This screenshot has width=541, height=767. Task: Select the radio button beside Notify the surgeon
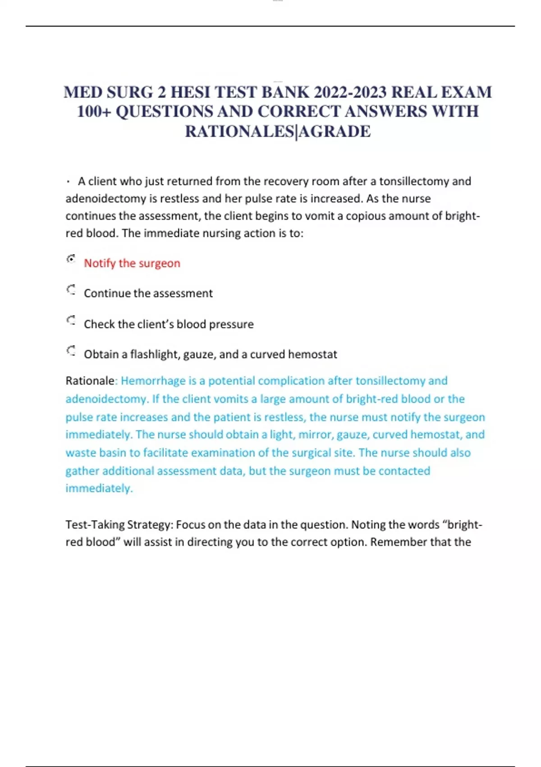pyautogui.click(x=71, y=259)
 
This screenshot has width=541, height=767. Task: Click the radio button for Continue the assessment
pyautogui.click(x=71, y=290)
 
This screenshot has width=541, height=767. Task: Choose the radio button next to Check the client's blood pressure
pyautogui.click(x=71, y=321)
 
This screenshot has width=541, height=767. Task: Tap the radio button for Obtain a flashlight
pyautogui.click(x=71, y=351)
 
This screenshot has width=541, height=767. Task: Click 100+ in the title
pyautogui.click(x=94, y=111)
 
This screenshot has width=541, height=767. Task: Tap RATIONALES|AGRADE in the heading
pyautogui.click(x=278, y=131)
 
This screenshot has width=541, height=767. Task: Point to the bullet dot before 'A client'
pyautogui.click(x=68, y=182)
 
